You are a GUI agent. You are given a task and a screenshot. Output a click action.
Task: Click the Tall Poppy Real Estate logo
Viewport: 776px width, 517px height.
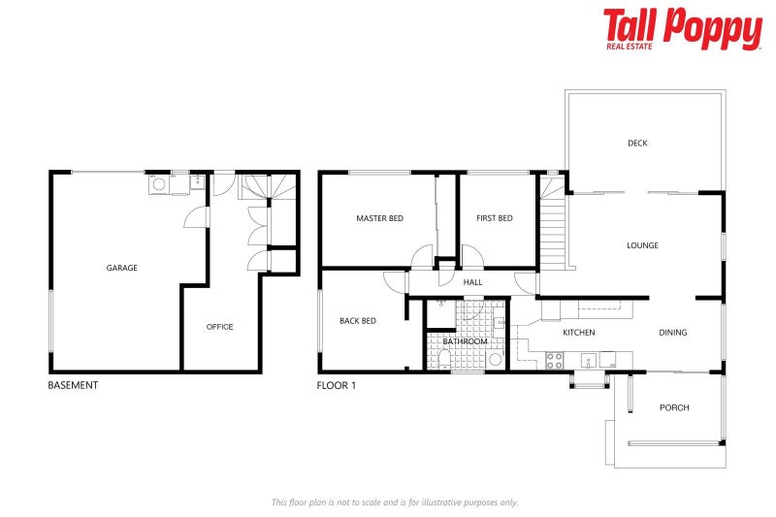click(x=682, y=28)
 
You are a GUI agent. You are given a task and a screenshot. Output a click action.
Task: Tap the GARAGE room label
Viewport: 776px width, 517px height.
click(x=122, y=268)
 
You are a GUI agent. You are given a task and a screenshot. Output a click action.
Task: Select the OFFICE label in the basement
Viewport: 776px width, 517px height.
click(x=220, y=327)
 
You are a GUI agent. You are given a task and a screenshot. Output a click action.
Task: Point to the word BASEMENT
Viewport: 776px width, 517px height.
click(x=73, y=385)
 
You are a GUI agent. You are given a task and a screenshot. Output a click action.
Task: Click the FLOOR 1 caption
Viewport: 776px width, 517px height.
click(x=337, y=385)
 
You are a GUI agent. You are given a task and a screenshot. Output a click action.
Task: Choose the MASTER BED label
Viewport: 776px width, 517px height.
click(x=379, y=218)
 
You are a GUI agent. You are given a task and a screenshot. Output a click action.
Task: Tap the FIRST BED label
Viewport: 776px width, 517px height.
click(x=495, y=218)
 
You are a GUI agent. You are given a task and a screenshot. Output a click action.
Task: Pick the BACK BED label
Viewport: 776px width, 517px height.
click(x=358, y=321)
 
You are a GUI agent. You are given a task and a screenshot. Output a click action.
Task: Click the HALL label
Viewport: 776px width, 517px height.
click(x=472, y=282)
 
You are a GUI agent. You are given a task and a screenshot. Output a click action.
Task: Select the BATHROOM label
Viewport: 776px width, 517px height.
click(x=465, y=341)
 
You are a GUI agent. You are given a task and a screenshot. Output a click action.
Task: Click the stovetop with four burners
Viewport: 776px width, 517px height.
click(x=556, y=359)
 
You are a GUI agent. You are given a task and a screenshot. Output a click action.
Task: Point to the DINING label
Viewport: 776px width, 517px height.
click(x=673, y=333)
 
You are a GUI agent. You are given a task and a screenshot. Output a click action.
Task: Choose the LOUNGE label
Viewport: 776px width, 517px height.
click(x=642, y=245)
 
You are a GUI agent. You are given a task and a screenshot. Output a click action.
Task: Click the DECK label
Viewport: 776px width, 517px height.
click(x=637, y=144)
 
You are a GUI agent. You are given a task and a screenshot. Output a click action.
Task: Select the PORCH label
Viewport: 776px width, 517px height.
click(x=674, y=407)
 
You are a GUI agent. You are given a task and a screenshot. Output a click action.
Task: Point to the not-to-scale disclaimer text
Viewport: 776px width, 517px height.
click(x=395, y=502)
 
